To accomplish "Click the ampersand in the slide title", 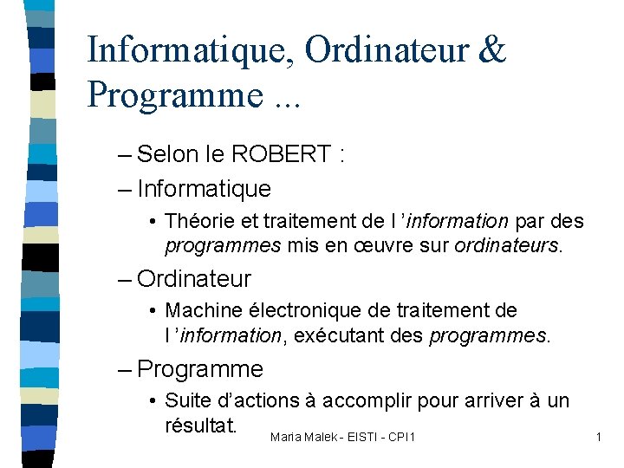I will [x=491, y=50].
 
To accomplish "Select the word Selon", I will [x=169, y=155].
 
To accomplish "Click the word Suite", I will [x=185, y=400].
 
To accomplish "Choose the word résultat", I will [x=200, y=426].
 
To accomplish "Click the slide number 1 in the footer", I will [x=598, y=437].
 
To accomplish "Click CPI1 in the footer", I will [x=400, y=437].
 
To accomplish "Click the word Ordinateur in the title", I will [x=387, y=50].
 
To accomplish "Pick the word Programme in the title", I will [x=172, y=94].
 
